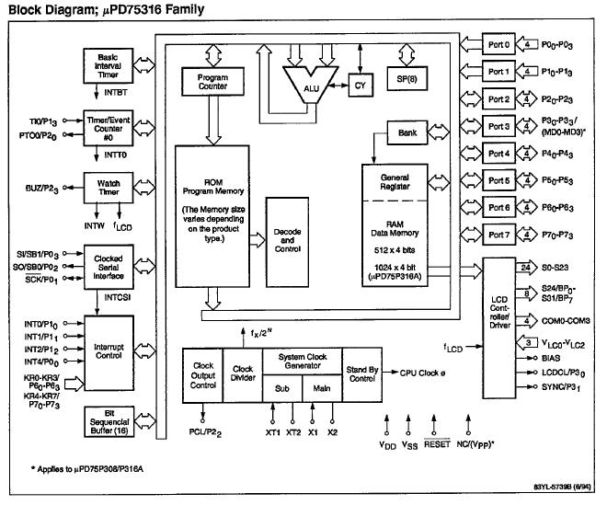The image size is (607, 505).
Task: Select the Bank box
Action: pos(407,134)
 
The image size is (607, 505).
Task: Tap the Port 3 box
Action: pos(500,125)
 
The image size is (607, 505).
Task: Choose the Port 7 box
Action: pos(500,235)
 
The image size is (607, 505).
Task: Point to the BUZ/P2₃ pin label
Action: pos(43,188)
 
